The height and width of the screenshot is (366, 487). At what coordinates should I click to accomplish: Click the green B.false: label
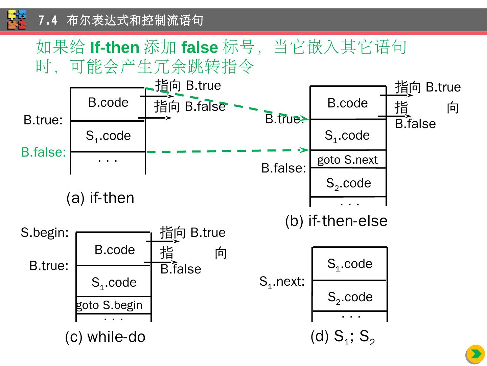[44, 152]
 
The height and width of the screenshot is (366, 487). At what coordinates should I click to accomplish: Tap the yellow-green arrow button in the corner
[476, 354]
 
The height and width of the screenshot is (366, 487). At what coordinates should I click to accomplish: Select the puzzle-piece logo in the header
[17, 20]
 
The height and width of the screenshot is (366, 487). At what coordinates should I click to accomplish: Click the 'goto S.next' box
[348, 159]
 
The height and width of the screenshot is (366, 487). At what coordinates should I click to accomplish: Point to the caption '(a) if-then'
[100, 198]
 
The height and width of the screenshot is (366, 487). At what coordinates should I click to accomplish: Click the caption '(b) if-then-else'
[336, 221]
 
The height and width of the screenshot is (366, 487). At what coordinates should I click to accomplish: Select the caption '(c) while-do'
[105, 337]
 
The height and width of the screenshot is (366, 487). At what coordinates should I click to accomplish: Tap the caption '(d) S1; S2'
[342, 337]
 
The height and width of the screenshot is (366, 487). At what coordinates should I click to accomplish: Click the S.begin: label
[45, 232]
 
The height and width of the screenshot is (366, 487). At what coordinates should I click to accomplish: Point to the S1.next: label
[282, 282]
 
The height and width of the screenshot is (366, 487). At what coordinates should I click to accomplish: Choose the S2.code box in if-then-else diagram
[348, 183]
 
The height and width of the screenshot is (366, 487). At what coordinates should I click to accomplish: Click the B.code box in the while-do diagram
[114, 250]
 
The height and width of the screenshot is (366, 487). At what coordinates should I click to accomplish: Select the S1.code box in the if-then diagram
[108, 136]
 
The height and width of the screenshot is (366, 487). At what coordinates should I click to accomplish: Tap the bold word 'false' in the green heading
[200, 47]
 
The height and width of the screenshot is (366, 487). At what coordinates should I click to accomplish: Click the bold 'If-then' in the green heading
[115, 47]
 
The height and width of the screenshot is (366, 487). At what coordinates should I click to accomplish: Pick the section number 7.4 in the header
[48, 20]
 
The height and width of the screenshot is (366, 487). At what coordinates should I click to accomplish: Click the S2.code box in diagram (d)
[350, 297]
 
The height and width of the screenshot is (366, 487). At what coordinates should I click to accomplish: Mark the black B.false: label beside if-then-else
[284, 168]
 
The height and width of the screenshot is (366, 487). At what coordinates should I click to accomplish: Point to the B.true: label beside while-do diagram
[49, 266]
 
